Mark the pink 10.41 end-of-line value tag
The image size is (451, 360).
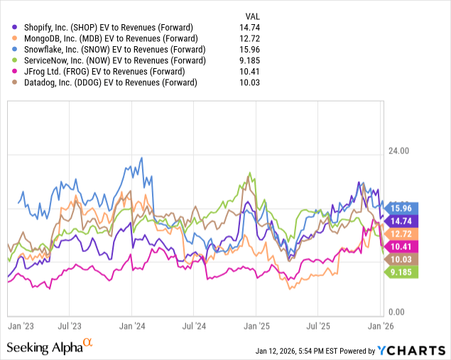pyautogui.click(x=402, y=246)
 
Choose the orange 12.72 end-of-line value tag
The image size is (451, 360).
pyautogui.click(x=402, y=234)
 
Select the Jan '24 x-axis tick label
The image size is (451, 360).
pyautogui.click(x=133, y=327)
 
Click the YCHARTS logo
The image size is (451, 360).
pyautogui.click(x=410, y=350)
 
